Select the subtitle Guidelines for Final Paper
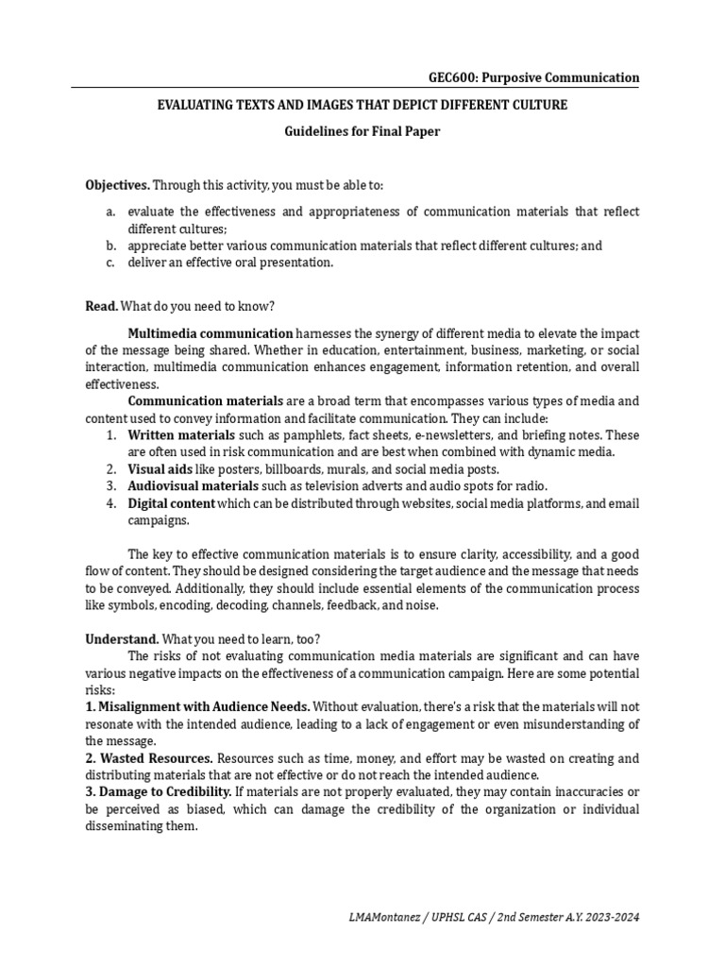(x=362, y=131)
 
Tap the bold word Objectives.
(x=117, y=185)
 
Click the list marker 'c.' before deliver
(x=110, y=263)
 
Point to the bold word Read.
(x=101, y=306)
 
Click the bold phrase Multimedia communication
(x=211, y=333)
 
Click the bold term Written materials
(x=181, y=435)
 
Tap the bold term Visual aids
(x=160, y=469)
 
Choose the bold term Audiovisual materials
(x=193, y=486)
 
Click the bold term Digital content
(x=172, y=503)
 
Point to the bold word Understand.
(x=122, y=638)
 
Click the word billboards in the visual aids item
(x=299, y=469)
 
